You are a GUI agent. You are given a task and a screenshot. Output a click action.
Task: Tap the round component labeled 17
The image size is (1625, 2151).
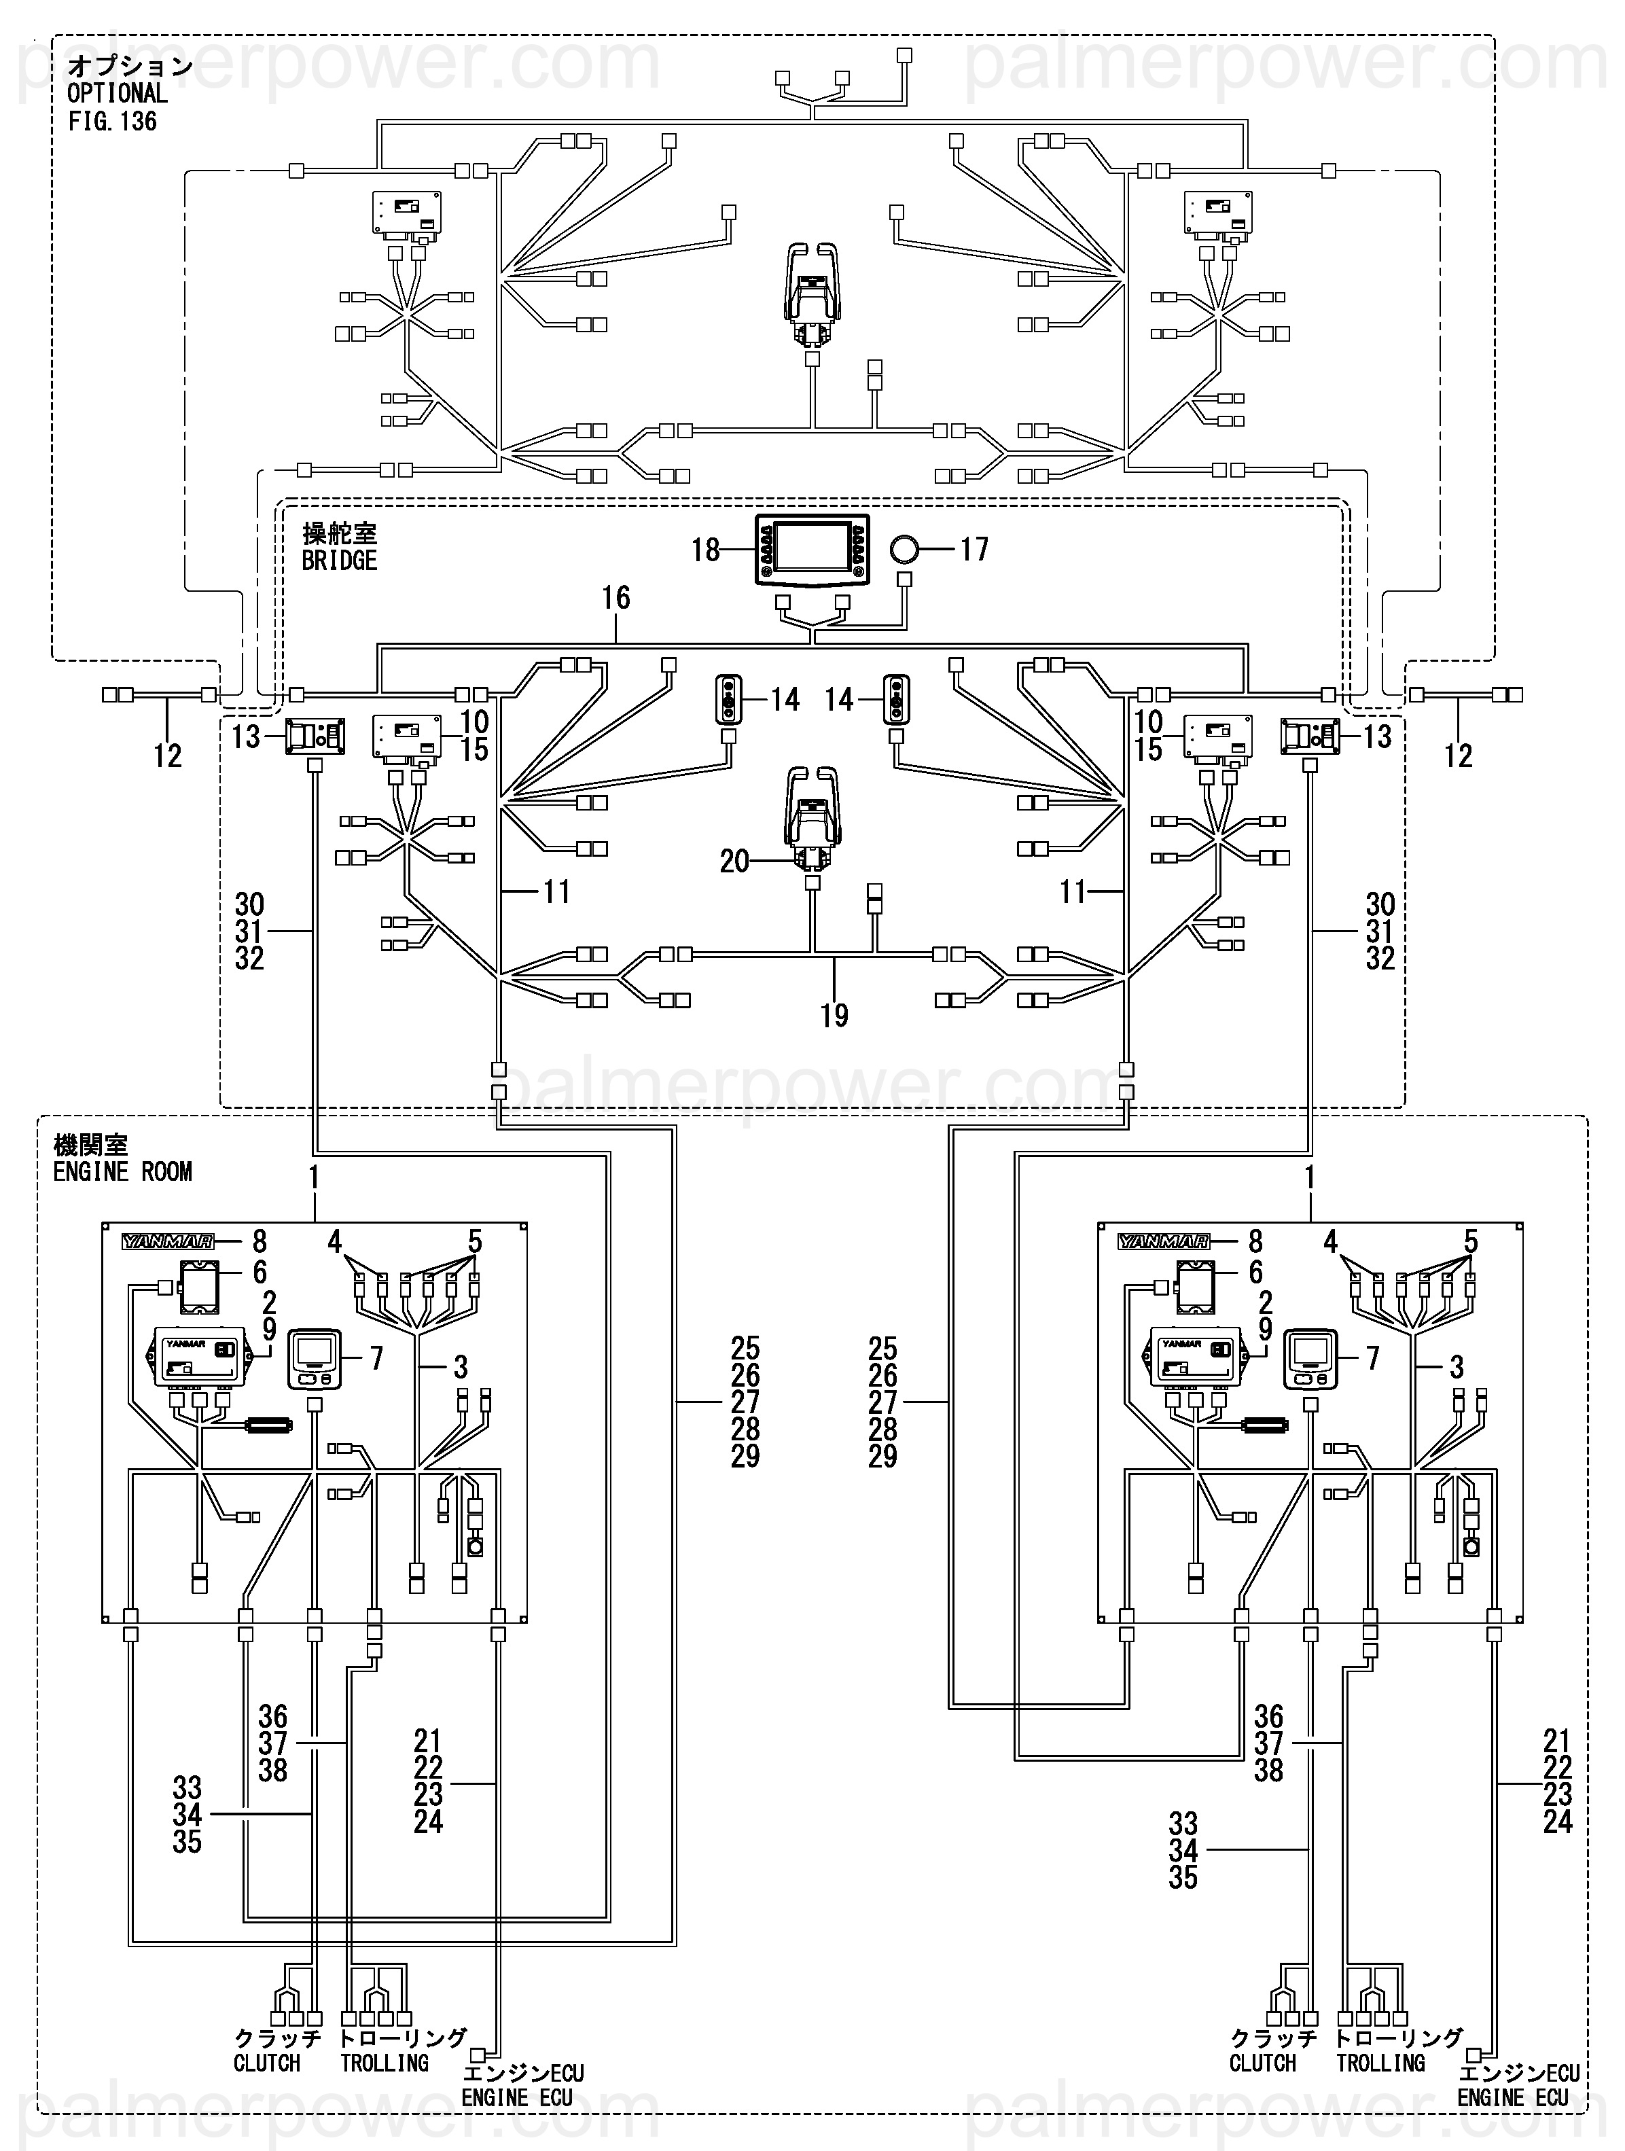point(904,550)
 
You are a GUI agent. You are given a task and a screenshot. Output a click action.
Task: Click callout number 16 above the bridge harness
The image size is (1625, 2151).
point(615,597)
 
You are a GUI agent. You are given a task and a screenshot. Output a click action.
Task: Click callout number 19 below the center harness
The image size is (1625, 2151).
point(834,1015)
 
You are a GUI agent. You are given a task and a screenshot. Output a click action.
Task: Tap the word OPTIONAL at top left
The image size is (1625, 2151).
point(117,93)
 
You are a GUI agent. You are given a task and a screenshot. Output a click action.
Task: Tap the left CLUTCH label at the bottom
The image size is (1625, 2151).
point(266,2063)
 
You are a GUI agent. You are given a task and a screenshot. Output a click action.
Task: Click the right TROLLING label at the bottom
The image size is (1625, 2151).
point(1380,2063)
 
